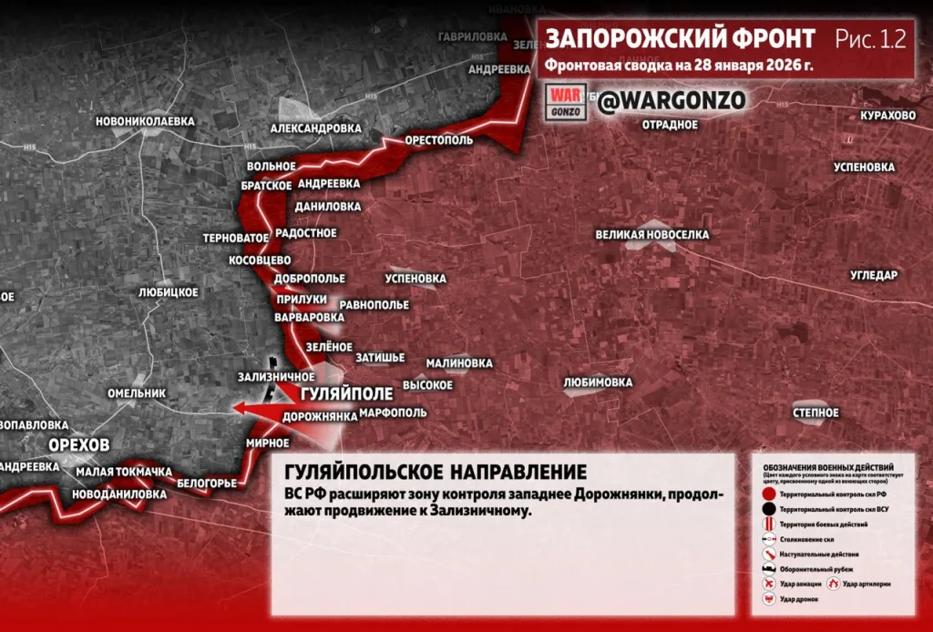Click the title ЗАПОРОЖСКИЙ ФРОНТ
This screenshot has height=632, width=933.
coord(681,38)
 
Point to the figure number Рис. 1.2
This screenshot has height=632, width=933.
coord(870,38)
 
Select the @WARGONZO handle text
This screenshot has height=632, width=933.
coord(672,100)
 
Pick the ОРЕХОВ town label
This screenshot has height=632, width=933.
coord(79,444)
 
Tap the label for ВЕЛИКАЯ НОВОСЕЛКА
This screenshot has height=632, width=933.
coord(652,235)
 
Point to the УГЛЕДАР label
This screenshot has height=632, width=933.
coord(874,275)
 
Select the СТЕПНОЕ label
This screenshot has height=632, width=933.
coord(815,413)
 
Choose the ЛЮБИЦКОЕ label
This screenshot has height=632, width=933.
coord(168,292)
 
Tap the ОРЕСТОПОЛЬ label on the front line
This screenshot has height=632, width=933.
coord(439,142)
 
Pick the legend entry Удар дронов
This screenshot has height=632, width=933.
coord(800,599)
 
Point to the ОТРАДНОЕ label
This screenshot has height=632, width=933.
coord(670,124)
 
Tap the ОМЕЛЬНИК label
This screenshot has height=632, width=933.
coord(137,393)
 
